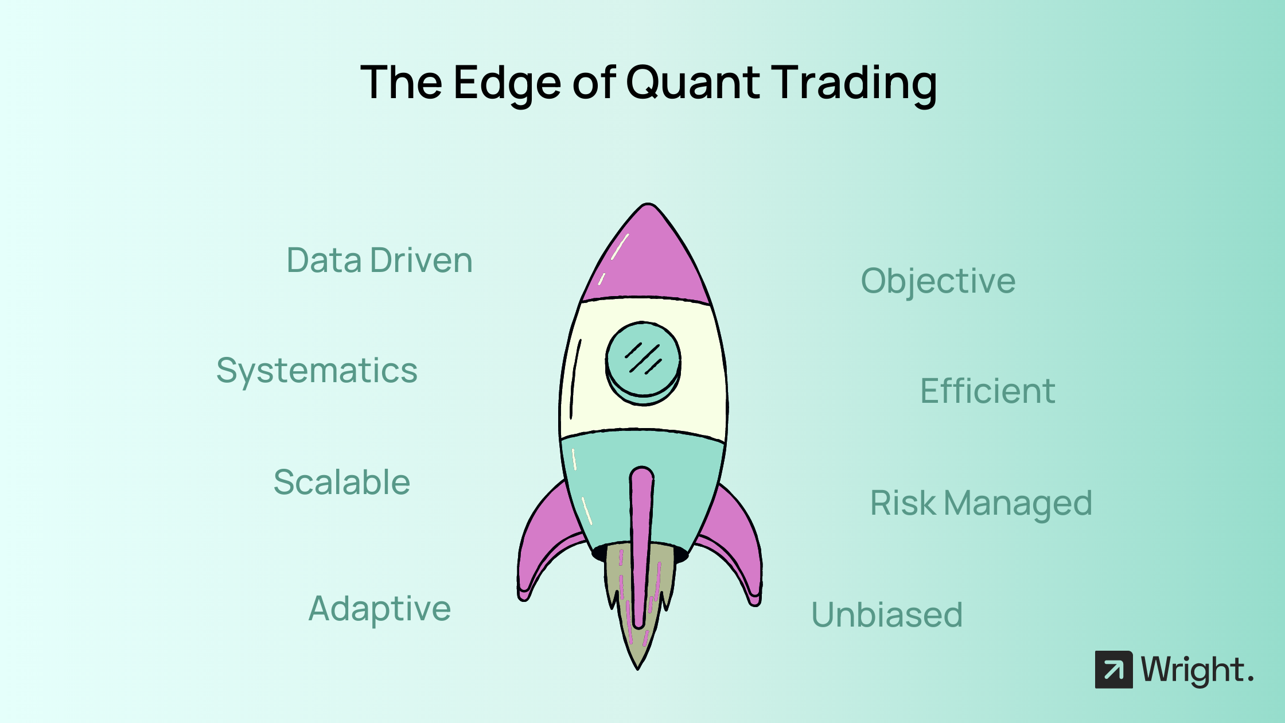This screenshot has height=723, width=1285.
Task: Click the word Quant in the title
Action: (692, 83)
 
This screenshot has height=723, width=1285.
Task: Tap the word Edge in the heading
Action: (507, 84)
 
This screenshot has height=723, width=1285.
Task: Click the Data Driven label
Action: (379, 261)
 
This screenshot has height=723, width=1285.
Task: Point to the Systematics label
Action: (317, 371)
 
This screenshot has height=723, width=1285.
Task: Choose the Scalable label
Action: (342, 481)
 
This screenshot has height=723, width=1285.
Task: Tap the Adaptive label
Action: (379, 609)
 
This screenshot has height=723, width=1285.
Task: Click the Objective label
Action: (938, 281)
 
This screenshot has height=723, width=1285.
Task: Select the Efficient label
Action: (987, 391)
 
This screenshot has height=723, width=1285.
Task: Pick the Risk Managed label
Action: (981, 504)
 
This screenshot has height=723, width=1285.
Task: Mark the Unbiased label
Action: (886, 615)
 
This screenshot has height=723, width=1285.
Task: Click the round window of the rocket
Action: (643, 363)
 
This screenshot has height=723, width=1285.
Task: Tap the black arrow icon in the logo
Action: (1113, 670)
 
